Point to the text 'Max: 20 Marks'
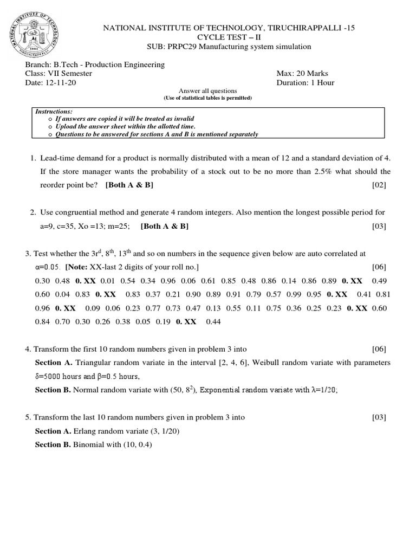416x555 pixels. pos(302,74)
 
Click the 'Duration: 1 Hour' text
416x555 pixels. pos(305,83)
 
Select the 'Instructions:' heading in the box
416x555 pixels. pos(54,111)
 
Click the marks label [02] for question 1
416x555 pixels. pos(379,185)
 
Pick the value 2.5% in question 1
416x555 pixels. pos(325,172)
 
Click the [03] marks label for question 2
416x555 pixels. pos(379,227)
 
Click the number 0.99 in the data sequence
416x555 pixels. pos(294,294)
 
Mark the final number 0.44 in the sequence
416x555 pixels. pos(213,321)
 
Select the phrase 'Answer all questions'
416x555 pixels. pos(208,91)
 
